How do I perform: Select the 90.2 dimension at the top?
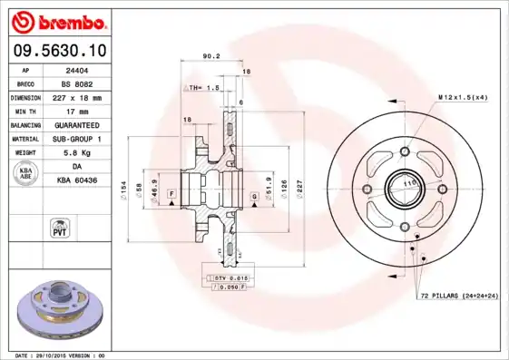pyautogui.click(x=210, y=56)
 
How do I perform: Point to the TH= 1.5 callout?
pyautogui.click(x=203, y=88)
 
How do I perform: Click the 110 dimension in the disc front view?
pyautogui.click(x=407, y=182)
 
